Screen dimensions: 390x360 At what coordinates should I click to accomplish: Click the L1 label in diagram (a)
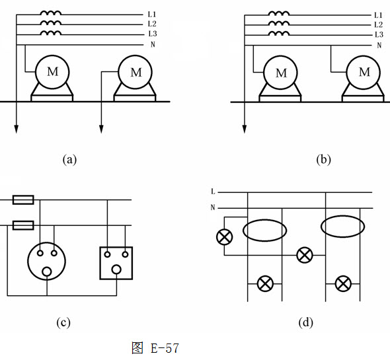(x=152, y=15)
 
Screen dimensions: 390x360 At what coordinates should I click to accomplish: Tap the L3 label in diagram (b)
(x=379, y=34)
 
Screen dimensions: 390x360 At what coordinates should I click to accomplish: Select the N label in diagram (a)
(x=153, y=44)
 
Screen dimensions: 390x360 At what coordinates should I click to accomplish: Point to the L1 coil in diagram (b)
(x=279, y=13)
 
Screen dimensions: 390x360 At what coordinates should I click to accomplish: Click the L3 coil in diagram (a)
(x=51, y=33)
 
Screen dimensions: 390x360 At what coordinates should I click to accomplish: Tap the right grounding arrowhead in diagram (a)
(x=101, y=129)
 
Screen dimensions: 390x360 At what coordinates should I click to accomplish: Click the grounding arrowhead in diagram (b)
(x=245, y=129)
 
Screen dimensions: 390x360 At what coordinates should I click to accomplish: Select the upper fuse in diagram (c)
(x=23, y=200)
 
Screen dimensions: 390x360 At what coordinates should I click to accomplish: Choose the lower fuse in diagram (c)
(x=23, y=225)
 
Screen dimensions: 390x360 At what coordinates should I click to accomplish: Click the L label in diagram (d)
(x=213, y=192)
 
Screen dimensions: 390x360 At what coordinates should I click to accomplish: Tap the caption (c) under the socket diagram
(x=63, y=323)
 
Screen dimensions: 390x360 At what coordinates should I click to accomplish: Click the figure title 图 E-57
(x=155, y=348)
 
